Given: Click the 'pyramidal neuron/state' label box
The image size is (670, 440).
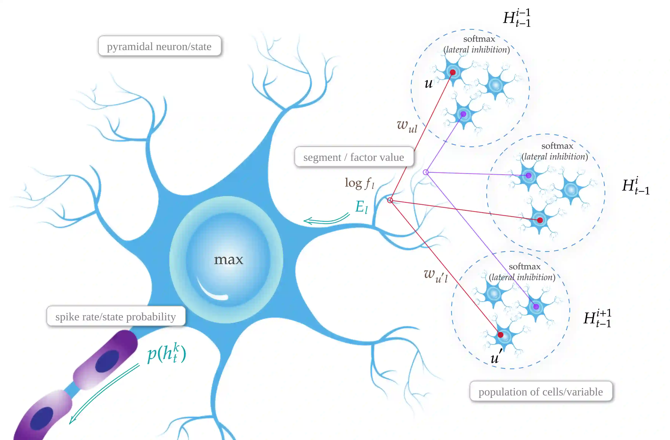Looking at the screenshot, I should point(159,46).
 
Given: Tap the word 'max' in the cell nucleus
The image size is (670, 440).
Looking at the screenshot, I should point(228,260).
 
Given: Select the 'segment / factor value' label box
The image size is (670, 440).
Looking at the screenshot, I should point(354,157).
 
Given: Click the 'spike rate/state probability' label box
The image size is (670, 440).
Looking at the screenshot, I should point(116,317).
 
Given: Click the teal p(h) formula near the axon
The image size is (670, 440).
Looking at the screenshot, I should point(167,353).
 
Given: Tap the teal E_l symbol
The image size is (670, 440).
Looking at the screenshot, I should point(362,207).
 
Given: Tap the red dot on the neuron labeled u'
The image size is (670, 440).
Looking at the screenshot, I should point(500,335).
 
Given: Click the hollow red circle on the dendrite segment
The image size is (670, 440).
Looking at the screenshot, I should point(390,200).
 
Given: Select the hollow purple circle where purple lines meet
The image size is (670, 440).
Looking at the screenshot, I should point(426,172).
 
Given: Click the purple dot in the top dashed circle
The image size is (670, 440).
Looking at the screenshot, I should point(463,114).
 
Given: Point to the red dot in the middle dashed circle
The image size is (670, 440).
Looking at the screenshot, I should point(540,220).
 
